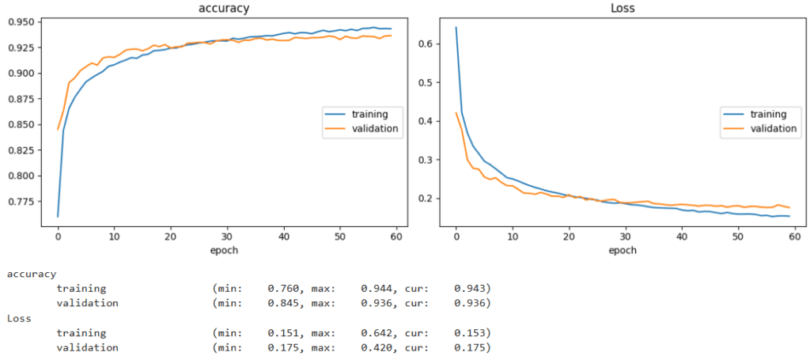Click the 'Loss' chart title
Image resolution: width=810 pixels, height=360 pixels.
coord(623,8)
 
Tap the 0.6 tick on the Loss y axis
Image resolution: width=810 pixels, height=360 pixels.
coord(429,44)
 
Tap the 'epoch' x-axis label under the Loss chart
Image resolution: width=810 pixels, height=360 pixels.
coord(623,251)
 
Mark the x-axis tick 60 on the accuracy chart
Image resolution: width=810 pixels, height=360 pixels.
coord(396,237)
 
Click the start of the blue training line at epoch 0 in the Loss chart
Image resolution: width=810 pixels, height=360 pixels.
coord(456,28)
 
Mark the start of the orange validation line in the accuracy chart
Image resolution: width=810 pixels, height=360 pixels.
coord(58,130)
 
